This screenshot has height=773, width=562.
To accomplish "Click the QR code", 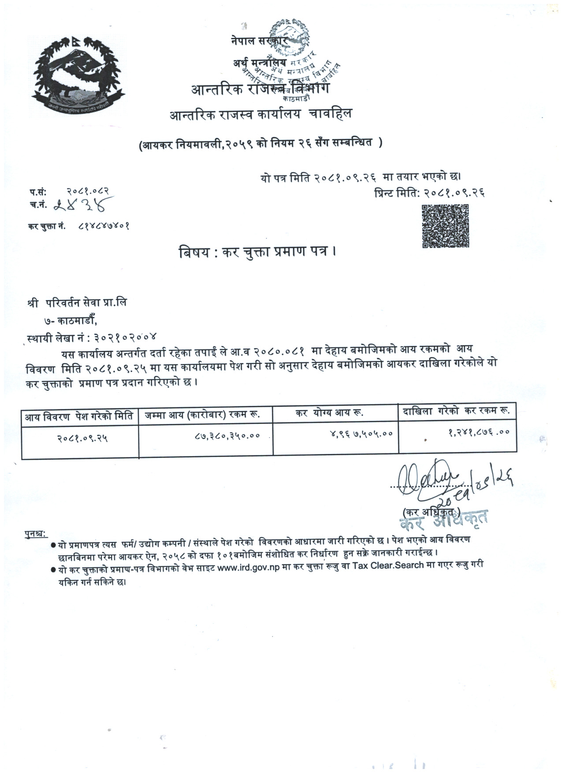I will point(445,226).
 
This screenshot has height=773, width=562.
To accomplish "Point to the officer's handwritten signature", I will point(423,483).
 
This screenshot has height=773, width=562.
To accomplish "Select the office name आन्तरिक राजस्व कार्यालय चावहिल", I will point(261,115).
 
